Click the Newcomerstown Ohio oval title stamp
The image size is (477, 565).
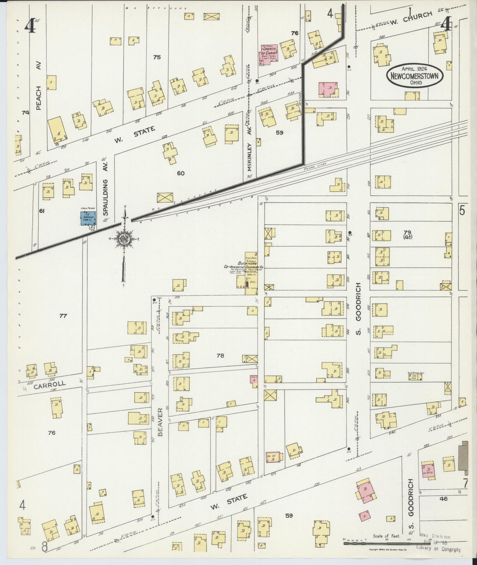point(415,76)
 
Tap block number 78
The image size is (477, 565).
point(221,356)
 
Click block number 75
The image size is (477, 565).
point(157,57)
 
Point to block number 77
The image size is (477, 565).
point(63,316)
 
